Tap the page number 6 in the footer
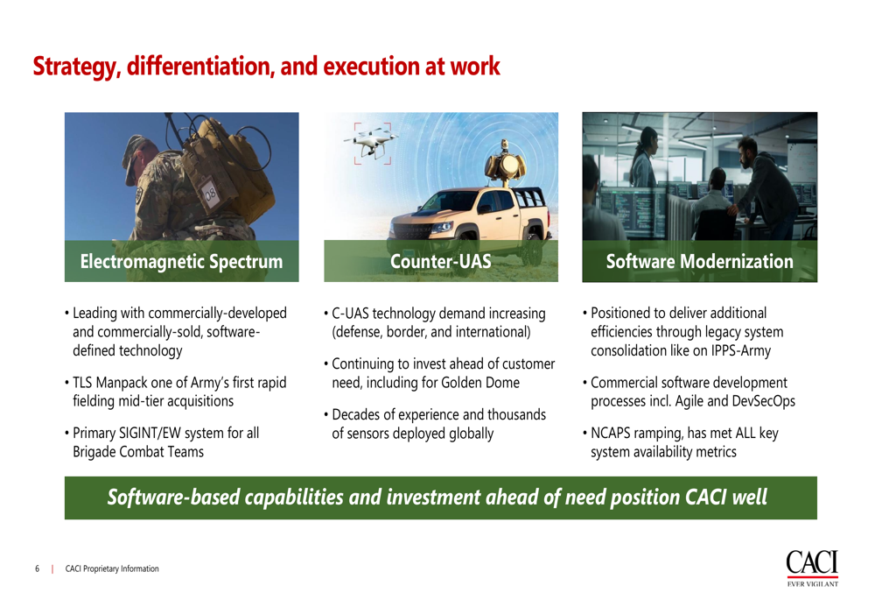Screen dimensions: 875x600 tap(38, 568)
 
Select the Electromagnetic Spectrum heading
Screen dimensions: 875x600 tap(181, 261)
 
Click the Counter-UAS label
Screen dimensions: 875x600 tap(441, 261)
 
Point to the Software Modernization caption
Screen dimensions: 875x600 tap(700, 261)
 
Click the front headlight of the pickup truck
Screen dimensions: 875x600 tap(441, 227)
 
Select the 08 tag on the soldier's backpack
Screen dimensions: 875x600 tap(210, 194)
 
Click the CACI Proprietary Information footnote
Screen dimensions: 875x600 tap(112, 568)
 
